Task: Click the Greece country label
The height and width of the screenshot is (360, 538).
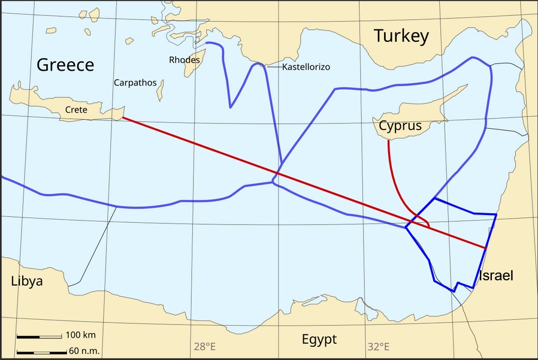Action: (x=65, y=65)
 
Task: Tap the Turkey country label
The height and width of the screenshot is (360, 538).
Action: (x=401, y=36)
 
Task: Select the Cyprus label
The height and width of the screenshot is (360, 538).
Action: (x=400, y=126)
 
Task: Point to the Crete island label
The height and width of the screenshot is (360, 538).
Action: (x=76, y=110)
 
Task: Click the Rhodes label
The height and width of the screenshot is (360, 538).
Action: (x=184, y=60)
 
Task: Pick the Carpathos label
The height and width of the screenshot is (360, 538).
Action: (x=135, y=83)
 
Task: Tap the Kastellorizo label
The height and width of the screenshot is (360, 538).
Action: (x=306, y=66)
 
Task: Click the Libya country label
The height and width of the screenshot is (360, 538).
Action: (x=27, y=280)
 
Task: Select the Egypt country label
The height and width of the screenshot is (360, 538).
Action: (x=319, y=340)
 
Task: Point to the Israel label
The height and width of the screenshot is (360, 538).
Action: (x=496, y=276)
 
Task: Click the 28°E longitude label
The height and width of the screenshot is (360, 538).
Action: (x=204, y=346)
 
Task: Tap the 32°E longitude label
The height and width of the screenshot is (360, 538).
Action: (x=378, y=346)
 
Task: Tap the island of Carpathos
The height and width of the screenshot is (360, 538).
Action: (x=160, y=90)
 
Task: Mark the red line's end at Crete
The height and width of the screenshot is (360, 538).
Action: (x=122, y=117)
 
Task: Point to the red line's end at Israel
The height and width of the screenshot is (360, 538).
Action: (x=485, y=247)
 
